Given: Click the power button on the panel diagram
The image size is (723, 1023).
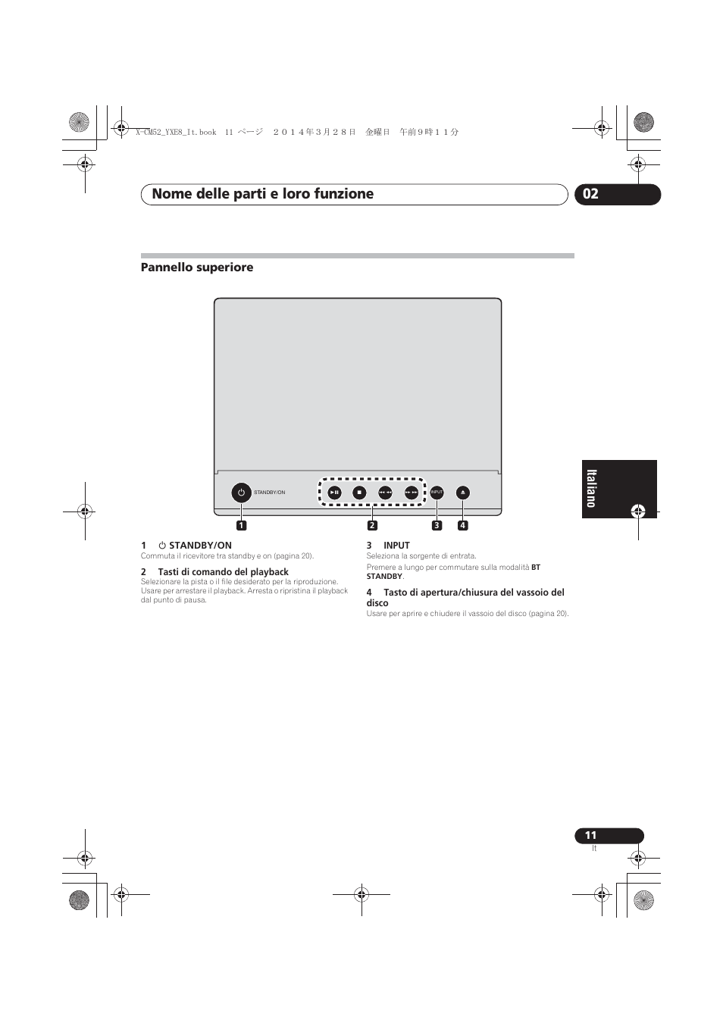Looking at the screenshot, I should coord(241,493).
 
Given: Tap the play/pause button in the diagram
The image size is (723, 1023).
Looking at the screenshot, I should coord(335,493).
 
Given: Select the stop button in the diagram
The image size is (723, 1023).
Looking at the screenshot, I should coord(360,493).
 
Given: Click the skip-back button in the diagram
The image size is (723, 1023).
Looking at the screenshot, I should coord(385,493).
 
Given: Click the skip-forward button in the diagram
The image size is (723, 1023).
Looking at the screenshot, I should coord(412,493).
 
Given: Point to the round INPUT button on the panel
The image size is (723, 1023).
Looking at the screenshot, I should coord(437,493).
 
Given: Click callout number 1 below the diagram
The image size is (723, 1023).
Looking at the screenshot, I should coord(242,525).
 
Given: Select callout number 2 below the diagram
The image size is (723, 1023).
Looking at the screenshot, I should coord(372,525).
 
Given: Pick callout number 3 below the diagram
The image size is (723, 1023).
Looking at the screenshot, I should coord(437,525).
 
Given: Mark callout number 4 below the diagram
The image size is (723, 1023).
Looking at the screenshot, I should coord(462,525).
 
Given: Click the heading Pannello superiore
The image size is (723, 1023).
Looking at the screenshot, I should coord(197,267).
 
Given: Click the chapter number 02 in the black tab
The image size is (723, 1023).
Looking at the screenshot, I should coord(591,194).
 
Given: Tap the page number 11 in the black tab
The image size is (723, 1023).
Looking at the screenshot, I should coord(590,835).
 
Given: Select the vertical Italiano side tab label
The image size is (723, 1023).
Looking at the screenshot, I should coord(592,489).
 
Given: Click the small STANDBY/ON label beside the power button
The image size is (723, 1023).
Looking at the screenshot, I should coord(270,493).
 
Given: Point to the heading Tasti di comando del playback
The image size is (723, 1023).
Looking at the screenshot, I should coord(223,572).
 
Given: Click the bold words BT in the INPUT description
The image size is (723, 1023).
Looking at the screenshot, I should coord(536,567).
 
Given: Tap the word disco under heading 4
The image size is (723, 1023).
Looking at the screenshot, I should coord(377,603).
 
